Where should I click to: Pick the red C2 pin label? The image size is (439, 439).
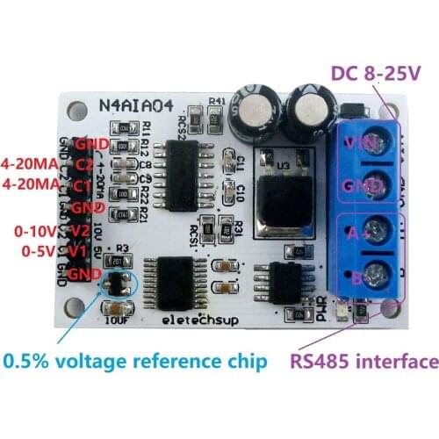point(85,164)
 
